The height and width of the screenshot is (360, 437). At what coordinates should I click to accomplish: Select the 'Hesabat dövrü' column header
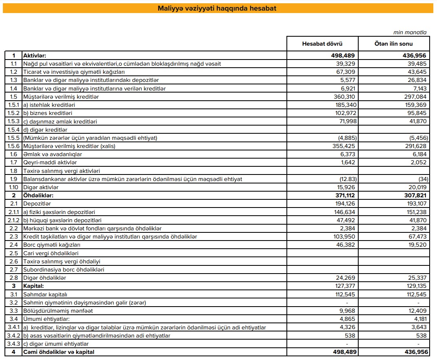322,44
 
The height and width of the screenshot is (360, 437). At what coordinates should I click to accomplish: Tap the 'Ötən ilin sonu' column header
394,44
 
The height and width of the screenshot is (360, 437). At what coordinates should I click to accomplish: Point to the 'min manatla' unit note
410,32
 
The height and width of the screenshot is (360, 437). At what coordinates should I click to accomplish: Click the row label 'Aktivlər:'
35,55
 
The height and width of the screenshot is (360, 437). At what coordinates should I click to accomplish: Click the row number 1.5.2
13,113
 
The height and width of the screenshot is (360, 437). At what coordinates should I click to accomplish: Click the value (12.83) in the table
347,179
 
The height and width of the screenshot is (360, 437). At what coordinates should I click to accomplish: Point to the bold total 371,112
344,195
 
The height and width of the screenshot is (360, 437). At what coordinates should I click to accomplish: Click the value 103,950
344,236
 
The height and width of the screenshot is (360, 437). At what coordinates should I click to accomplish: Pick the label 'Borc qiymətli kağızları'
51,245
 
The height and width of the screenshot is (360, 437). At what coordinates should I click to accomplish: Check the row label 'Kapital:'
33,286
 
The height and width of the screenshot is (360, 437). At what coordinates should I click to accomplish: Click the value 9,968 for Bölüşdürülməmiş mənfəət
347,311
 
